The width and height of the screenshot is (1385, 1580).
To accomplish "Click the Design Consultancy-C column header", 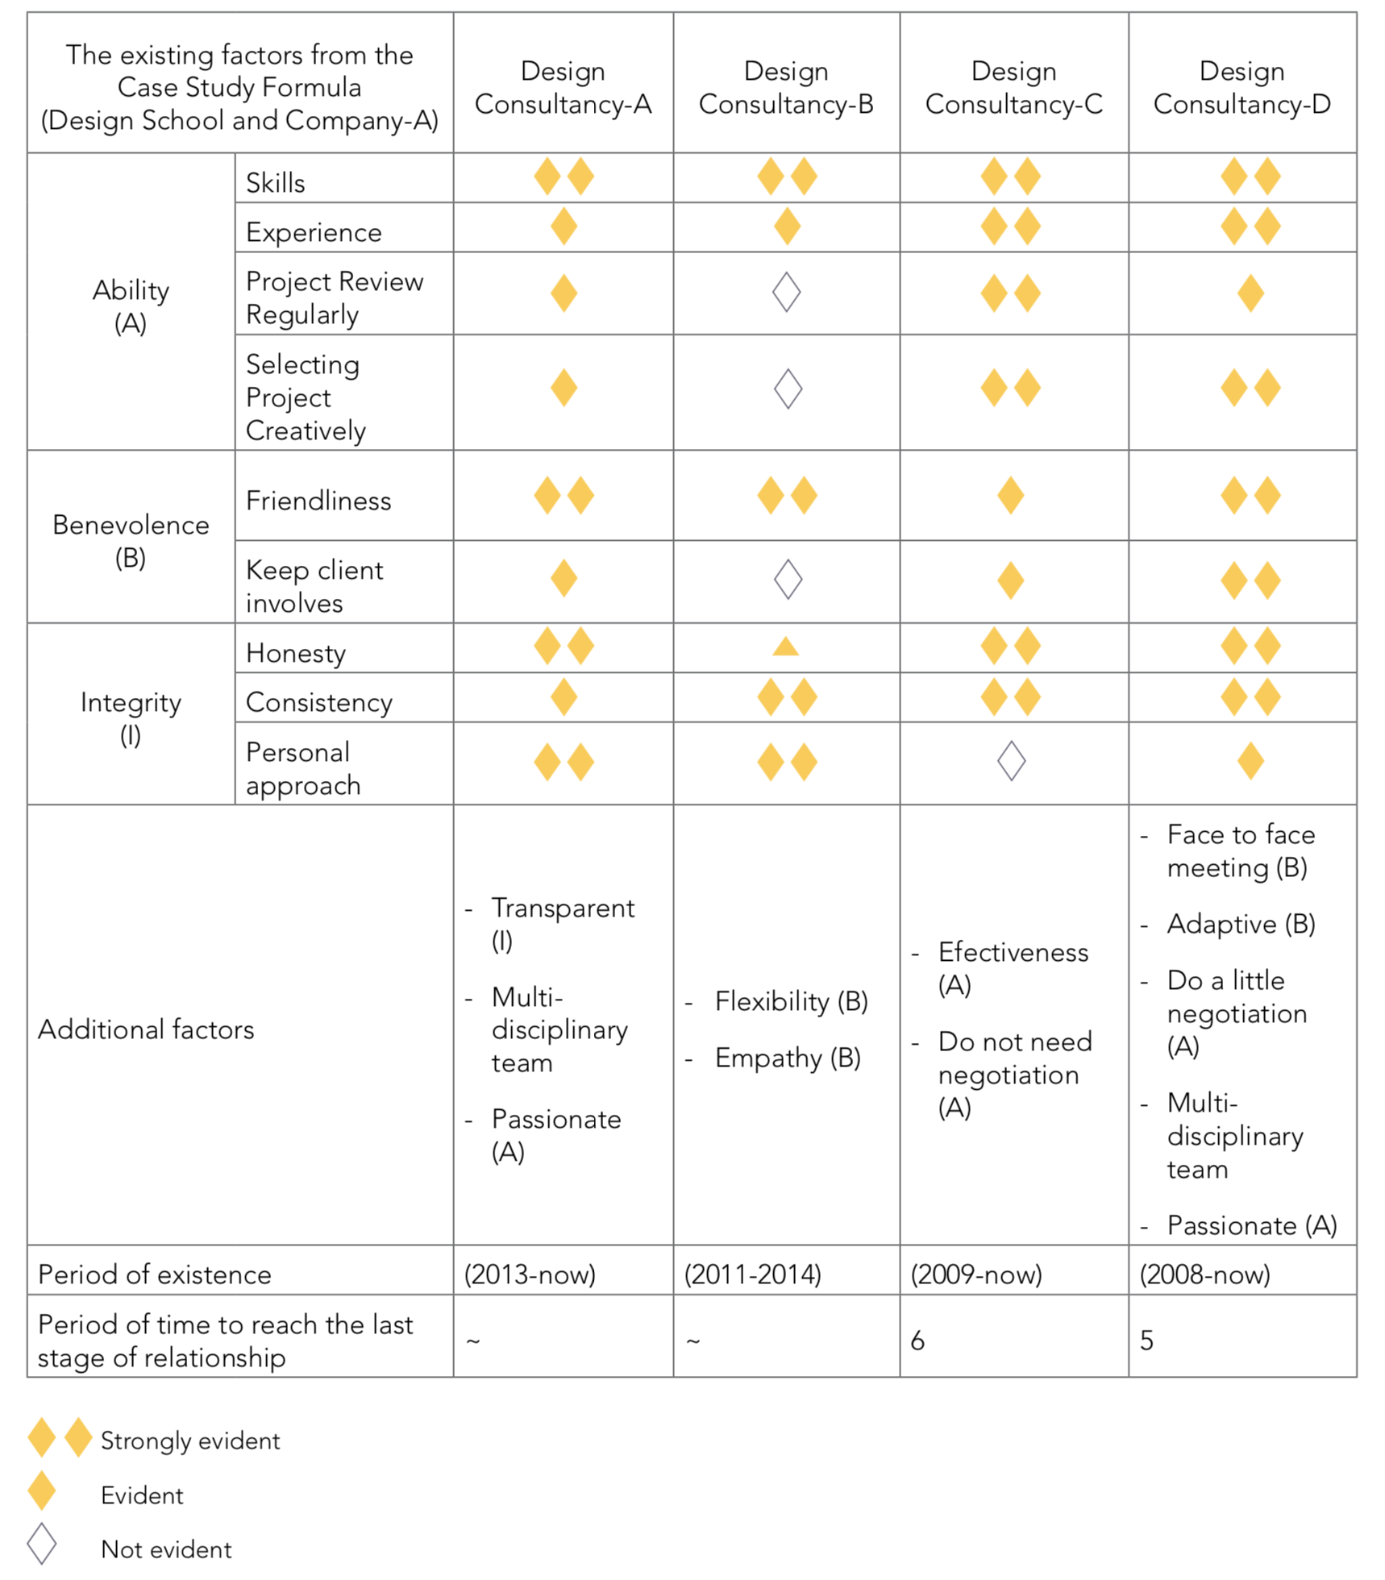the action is (1013, 87).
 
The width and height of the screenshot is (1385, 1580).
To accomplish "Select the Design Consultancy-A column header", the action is (563, 87).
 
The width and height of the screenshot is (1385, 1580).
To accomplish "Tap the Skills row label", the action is (275, 183).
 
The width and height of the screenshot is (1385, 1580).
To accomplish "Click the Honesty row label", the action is (296, 653).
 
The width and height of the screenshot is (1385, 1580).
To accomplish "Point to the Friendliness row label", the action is (318, 501).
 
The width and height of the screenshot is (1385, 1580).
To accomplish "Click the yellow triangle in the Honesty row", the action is (786, 646).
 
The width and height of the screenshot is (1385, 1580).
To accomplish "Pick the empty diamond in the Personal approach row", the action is (1011, 761).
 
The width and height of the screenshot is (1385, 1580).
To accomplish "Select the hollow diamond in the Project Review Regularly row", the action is (787, 292).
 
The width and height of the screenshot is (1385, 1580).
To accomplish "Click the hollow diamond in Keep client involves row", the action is (788, 579).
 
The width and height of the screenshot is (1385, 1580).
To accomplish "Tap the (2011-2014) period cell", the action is (752, 1274).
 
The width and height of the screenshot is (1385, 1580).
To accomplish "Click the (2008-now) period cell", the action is (1204, 1274).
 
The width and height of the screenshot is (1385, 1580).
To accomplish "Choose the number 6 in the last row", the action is (917, 1341).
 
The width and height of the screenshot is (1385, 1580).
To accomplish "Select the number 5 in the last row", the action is (1146, 1341).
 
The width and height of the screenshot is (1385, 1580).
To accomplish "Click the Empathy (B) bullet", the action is (788, 1058).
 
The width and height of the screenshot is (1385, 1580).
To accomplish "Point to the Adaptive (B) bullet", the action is (1241, 924).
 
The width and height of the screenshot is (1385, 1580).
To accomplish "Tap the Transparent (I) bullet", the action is (563, 924).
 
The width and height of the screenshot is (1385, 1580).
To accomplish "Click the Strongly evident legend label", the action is (190, 1441).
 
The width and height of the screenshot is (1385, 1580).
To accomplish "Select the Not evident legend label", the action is (166, 1549).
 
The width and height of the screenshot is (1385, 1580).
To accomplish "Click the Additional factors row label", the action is (146, 1029).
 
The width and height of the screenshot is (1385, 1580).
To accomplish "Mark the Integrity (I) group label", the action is (131, 718).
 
